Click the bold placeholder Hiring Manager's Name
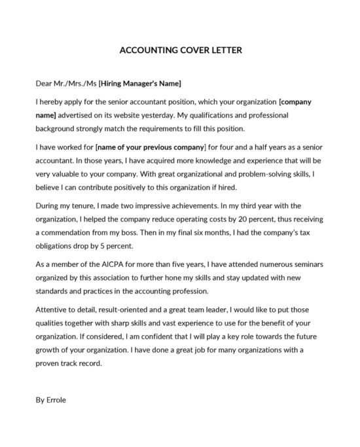pos(140,84)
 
